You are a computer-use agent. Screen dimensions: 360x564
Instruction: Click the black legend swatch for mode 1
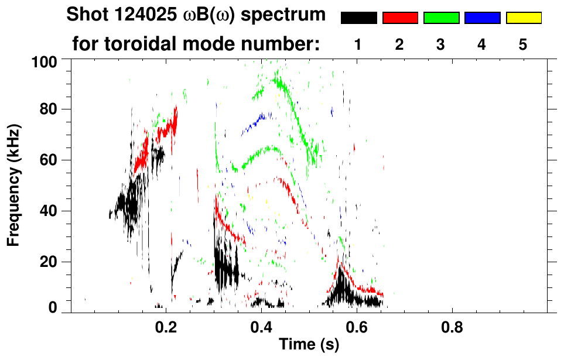pyautogui.click(x=359, y=18)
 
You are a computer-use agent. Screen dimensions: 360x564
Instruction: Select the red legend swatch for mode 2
pyautogui.click(x=400, y=18)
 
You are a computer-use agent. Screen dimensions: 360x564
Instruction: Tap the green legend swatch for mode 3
pyautogui.click(x=441, y=18)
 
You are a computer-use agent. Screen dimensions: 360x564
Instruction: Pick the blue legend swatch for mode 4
pyautogui.click(x=482, y=18)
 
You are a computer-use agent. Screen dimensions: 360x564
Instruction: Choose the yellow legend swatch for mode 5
pyautogui.click(x=523, y=18)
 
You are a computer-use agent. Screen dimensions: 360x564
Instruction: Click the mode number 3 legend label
pyautogui.click(x=441, y=44)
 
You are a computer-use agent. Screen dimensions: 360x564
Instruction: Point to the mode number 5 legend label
pyautogui.click(x=523, y=44)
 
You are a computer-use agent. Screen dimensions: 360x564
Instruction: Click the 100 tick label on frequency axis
pyautogui.click(x=44, y=61)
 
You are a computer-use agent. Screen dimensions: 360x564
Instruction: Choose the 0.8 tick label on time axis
pyautogui.click(x=452, y=329)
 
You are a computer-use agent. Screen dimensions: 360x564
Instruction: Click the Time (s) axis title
pyautogui.click(x=309, y=346)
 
